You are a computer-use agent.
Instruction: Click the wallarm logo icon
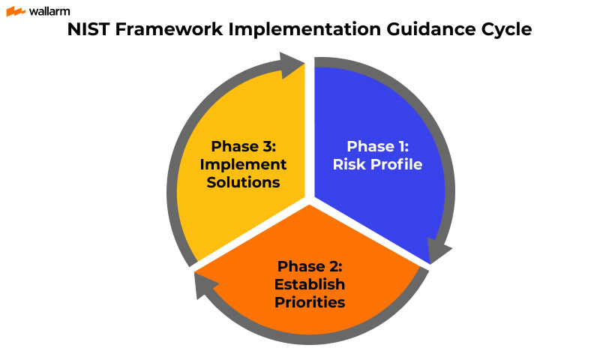pos(16,12)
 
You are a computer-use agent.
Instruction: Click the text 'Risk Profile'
pos(384,164)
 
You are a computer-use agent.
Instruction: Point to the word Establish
pos(310,284)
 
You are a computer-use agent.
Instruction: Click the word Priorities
pos(310,302)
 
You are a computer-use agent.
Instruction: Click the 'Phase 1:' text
pos(384,146)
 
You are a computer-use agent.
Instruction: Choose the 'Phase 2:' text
pos(310,266)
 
